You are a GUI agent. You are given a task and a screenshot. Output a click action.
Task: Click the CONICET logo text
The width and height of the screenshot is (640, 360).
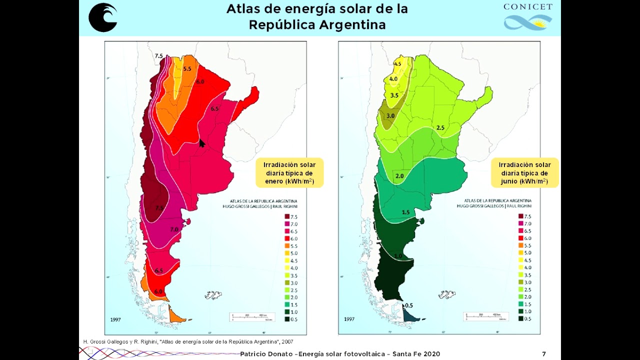(528, 7)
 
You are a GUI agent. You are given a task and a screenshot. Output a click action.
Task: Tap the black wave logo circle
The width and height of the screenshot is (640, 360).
(103, 17)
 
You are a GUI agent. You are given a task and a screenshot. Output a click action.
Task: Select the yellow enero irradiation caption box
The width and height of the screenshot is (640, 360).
(289, 173)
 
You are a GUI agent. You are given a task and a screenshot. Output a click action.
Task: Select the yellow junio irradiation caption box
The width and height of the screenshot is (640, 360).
(524, 173)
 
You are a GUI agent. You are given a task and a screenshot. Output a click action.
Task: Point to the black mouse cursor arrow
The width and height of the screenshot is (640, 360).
(202, 143)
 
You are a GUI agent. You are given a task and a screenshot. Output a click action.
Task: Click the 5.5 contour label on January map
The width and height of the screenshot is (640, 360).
(187, 69)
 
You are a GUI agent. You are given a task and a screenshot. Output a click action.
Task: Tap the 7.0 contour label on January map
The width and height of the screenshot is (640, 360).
(174, 229)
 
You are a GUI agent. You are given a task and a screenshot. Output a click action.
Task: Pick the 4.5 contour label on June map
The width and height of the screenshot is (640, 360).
(398, 64)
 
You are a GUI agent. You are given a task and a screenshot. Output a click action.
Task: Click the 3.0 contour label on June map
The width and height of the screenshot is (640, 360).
(390, 115)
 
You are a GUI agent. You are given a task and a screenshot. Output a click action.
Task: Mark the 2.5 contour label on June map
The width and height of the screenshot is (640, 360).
(440, 128)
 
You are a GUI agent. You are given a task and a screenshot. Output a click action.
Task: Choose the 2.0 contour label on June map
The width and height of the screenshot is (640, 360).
(399, 176)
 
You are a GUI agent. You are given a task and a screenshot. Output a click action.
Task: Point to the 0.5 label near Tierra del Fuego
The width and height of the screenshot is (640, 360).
(408, 305)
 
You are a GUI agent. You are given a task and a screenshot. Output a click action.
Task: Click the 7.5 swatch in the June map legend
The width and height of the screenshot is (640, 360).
(521, 216)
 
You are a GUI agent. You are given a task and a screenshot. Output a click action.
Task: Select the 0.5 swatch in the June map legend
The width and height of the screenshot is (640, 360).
(521, 318)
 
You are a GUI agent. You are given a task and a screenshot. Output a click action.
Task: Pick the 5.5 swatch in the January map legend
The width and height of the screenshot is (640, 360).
(287, 245)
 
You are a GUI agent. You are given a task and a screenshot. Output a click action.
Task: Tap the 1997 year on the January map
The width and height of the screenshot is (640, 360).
(114, 319)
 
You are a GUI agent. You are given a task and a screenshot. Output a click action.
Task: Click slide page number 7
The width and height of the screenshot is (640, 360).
(544, 354)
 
